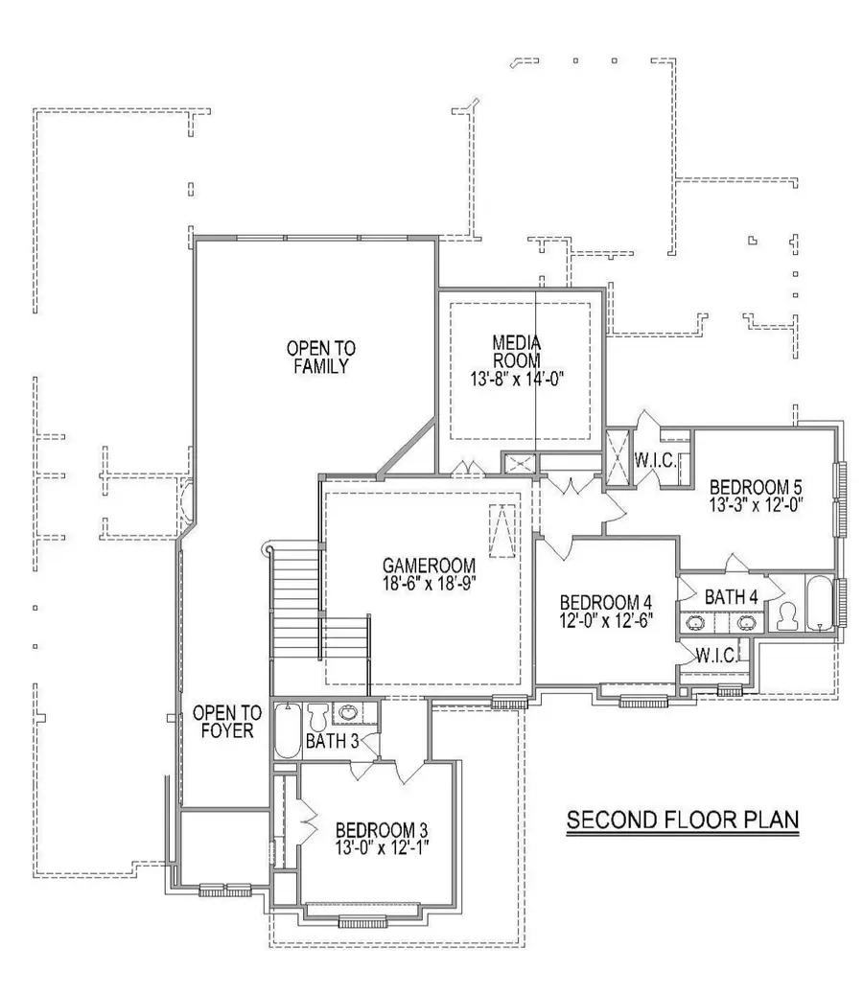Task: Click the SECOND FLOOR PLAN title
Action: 682,821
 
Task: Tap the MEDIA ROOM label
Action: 517,351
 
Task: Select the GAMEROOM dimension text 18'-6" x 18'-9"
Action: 430,581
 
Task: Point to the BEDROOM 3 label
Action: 381,830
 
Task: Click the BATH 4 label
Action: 731,597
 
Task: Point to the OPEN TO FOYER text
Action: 227,721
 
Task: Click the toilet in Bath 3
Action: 317,718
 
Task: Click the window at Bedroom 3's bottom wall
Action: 362,922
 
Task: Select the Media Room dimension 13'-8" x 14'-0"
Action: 517,378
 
